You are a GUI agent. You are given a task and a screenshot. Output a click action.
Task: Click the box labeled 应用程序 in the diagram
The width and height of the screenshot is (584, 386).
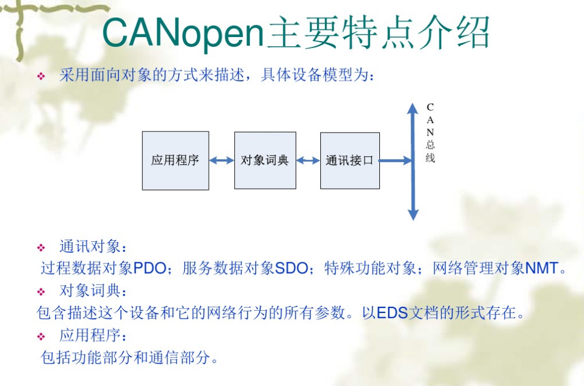click(x=175, y=161)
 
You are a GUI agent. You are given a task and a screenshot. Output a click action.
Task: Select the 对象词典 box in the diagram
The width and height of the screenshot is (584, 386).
click(x=265, y=160)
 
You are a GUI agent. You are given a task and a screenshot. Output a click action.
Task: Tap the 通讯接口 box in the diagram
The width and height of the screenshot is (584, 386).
click(x=350, y=160)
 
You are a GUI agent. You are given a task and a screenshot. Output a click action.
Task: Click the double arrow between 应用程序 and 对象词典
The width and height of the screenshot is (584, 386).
click(x=221, y=160)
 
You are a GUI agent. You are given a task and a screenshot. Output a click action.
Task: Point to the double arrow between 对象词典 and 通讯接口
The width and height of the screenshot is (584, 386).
click(x=308, y=160)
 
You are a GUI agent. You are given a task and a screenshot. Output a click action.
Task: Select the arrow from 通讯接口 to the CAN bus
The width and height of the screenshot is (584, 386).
click(x=396, y=160)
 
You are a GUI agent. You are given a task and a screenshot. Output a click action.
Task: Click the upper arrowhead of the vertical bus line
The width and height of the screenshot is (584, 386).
click(x=413, y=109)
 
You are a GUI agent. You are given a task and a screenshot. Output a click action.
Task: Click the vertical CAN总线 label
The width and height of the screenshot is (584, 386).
click(x=430, y=133)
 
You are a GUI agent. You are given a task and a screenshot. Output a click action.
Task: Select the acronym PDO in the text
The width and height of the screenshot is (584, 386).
click(x=150, y=269)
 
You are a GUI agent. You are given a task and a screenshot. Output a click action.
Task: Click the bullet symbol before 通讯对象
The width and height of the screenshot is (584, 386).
click(x=41, y=248)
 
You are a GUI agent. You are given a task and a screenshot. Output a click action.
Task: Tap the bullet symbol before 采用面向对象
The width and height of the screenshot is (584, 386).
click(x=41, y=76)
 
